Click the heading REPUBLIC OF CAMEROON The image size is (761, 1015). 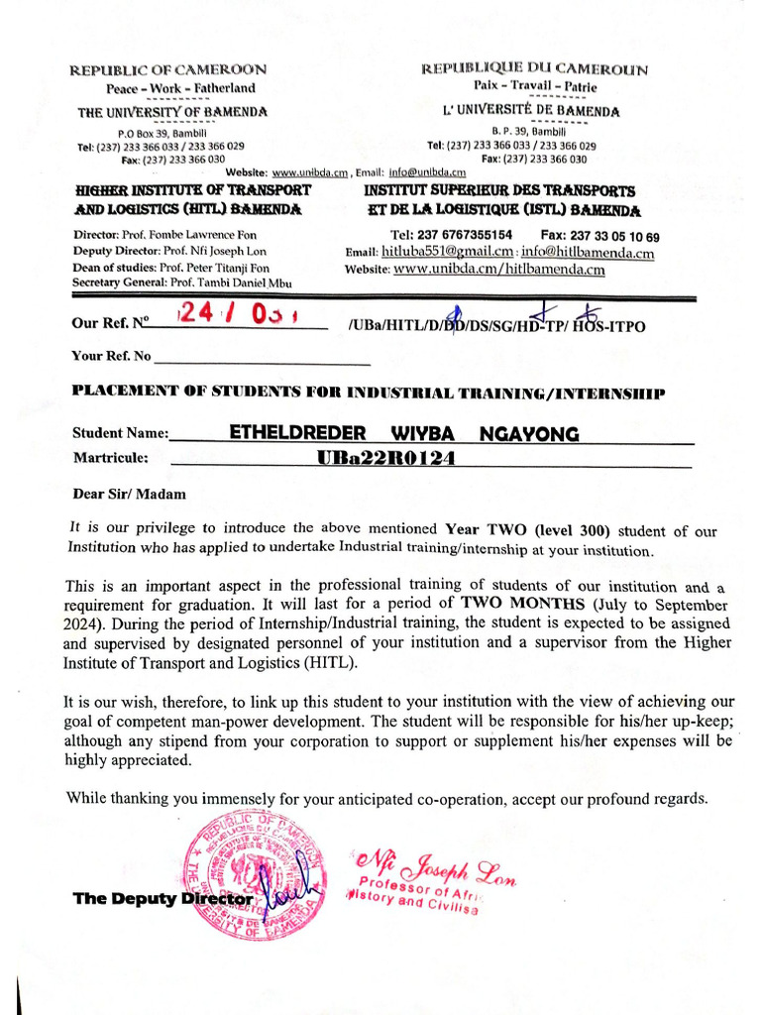click(x=166, y=70)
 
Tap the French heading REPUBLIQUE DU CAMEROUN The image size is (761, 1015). click(x=534, y=69)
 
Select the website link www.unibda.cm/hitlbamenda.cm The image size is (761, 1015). click(x=498, y=270)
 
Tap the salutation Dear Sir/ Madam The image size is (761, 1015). click(x=129, y=494)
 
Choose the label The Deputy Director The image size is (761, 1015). click(x=163, y=899)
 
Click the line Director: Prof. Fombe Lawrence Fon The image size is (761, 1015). click(x=164, y=235)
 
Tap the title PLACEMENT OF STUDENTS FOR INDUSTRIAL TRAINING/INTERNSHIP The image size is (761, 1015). click(x=369, y=394)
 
